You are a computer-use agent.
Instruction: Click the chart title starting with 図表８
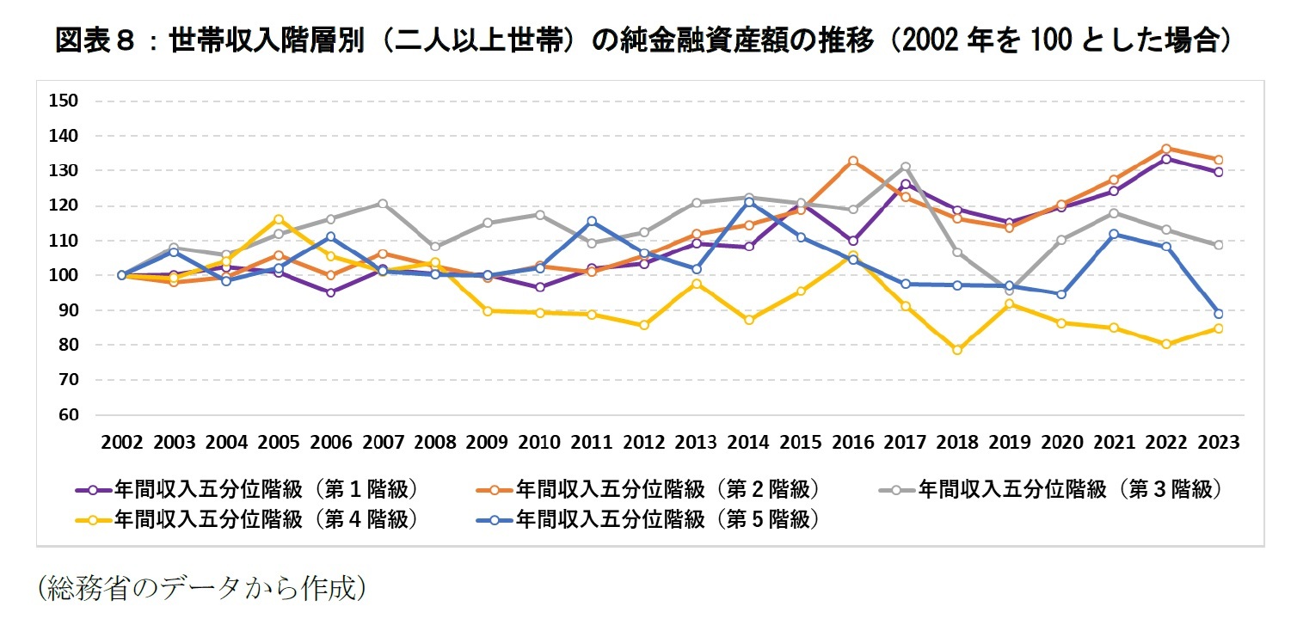tap(641, 41)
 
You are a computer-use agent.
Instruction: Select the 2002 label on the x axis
tap(121, 443)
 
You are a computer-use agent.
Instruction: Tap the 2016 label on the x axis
tap(852, 443)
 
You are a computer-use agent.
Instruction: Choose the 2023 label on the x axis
tap(1218, 443)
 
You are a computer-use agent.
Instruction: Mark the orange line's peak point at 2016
tap(852, 161)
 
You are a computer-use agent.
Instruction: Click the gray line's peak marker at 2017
tap(906, 167)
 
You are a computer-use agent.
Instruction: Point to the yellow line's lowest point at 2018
tap(957, 350)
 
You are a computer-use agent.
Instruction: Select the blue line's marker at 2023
tap(1218, 314)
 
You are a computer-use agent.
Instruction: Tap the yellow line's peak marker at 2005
tap(279, 219)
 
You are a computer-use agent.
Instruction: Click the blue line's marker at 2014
tap(748, 202)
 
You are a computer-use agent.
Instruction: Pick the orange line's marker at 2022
tap(1166, 149)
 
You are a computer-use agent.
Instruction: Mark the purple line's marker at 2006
tap(331, 292)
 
